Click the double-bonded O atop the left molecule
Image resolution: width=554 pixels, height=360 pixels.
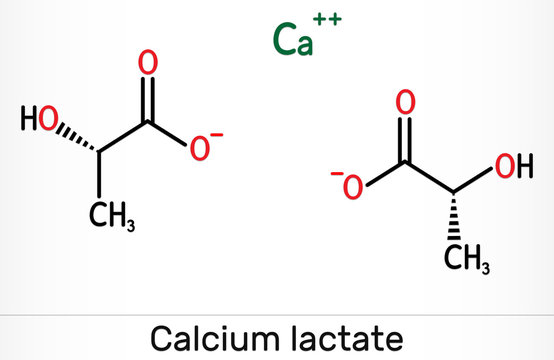click(148, 63)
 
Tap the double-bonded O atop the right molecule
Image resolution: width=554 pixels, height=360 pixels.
click(404, 102)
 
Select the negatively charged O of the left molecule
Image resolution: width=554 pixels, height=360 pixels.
click(201, 150)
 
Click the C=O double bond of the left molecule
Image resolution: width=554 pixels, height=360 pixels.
click(148, 97)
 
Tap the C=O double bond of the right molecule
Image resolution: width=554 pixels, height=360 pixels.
click(404, 138)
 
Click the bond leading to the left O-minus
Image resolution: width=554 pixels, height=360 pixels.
click(169, 134)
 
